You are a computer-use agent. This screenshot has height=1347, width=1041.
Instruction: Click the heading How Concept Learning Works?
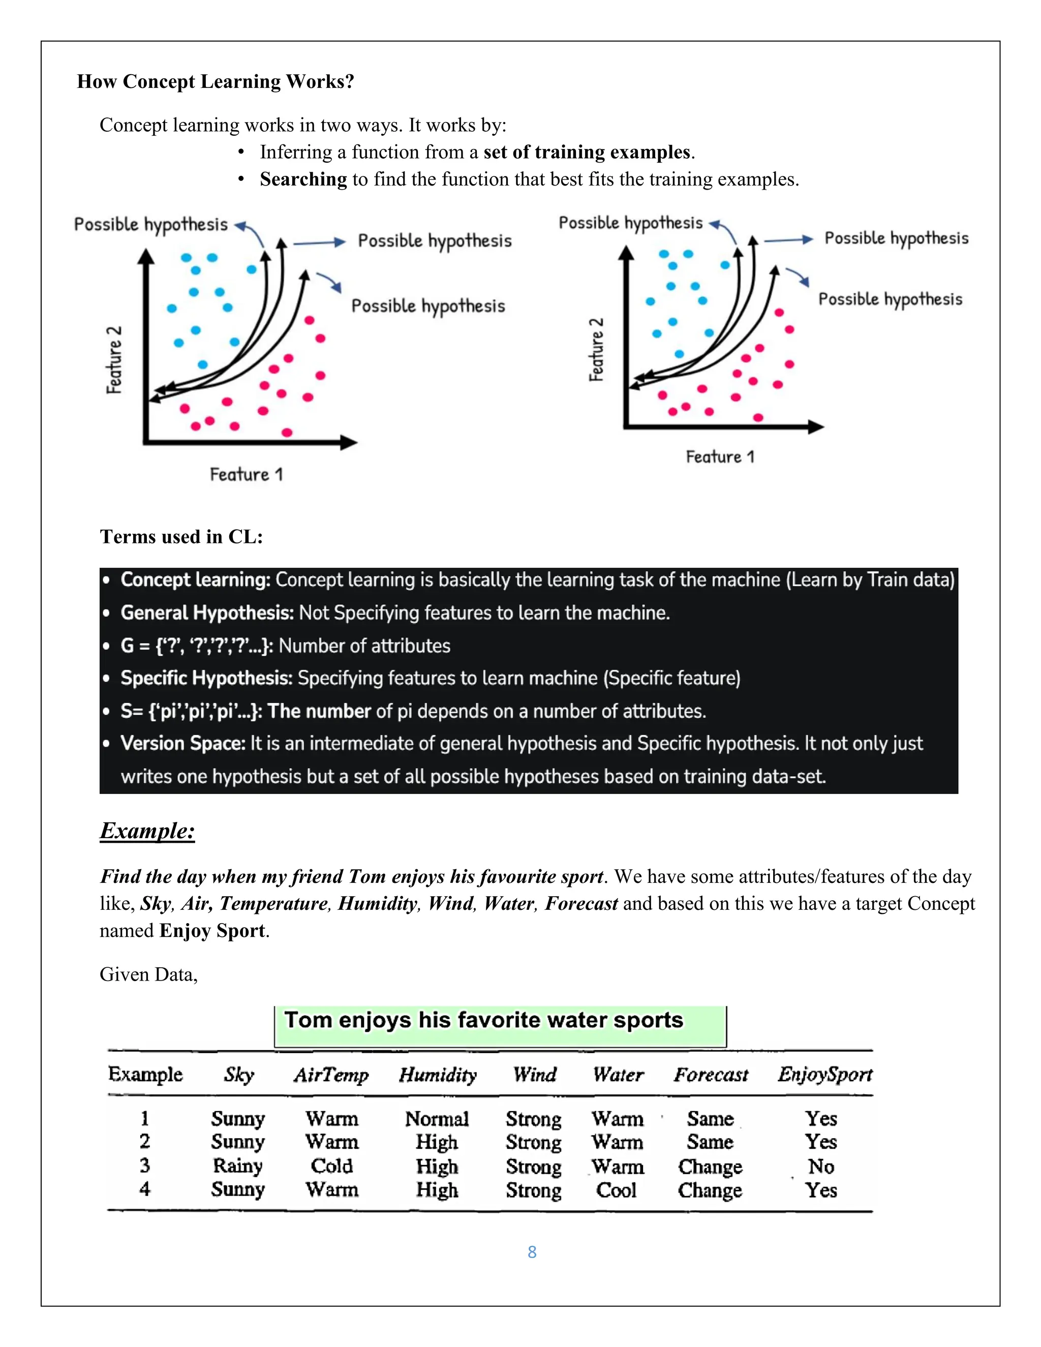pos(215,81)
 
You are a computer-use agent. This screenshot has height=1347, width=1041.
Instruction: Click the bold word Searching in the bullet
pos(303,179)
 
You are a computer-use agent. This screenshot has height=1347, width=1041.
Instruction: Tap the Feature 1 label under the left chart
pos(246,474)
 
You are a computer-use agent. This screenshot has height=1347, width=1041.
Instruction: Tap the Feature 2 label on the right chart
pos(596,350)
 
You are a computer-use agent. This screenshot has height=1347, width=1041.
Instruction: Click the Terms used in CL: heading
pos(181,537)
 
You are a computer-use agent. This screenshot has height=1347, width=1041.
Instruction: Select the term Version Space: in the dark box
pos(182,743)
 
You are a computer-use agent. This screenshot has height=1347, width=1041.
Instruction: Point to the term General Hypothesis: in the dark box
pos(206,613)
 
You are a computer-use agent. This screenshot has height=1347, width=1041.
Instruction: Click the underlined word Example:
pos(147,831)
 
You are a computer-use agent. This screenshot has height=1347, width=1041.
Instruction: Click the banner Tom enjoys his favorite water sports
pos(483,1020)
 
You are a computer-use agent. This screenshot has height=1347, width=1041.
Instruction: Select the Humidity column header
pos(438,1075)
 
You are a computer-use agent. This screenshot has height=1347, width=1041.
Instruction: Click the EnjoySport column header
pos(824,1075)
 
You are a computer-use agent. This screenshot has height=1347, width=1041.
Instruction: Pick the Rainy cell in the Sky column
pos(237,1166)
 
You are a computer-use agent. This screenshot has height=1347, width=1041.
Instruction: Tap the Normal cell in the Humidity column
pos(437,1119)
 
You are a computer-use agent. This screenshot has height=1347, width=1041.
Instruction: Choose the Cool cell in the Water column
pos(616,1190)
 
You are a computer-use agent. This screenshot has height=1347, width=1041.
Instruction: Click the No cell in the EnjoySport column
pos(821,1166)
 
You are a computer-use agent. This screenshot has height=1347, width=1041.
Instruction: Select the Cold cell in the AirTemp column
pos(331,1166)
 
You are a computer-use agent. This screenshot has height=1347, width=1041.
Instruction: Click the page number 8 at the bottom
pos(532,1252)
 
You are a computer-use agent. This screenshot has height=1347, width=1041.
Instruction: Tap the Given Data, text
pos(148,974)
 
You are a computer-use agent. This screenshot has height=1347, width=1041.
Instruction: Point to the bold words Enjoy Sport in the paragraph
pos(211,931)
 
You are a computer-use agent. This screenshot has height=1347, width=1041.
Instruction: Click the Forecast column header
pos(711,1075)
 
